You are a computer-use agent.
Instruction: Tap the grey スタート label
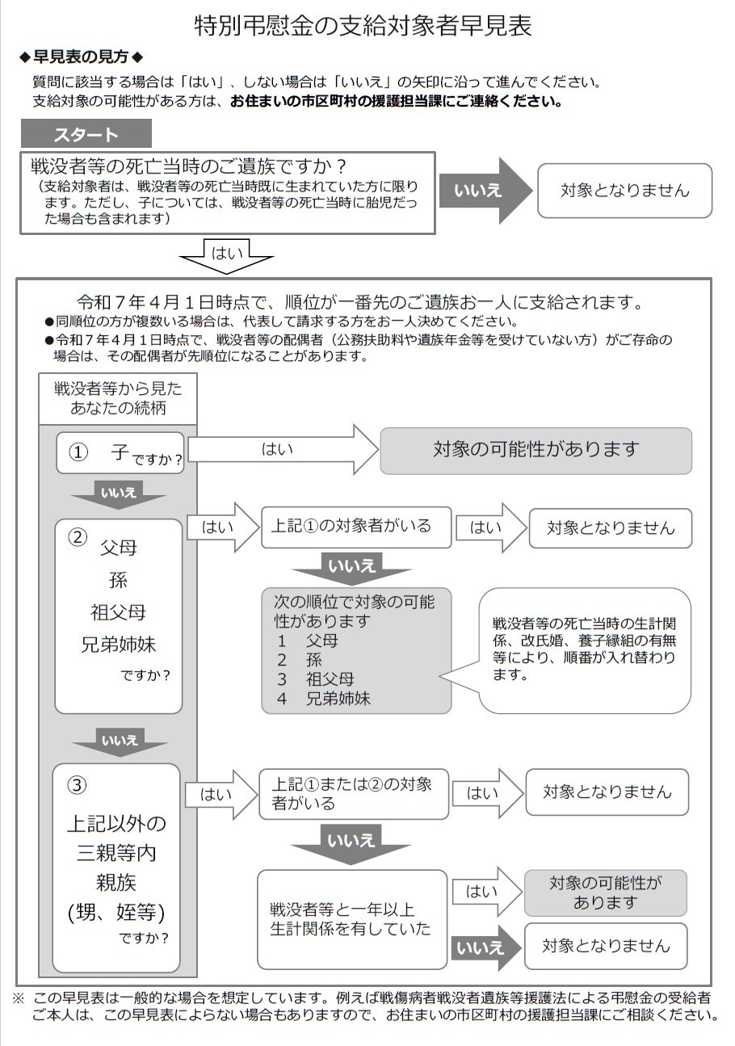point(86,134)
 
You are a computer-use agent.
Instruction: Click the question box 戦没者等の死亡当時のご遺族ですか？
point(227,192)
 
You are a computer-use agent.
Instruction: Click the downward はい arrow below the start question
point(226,255)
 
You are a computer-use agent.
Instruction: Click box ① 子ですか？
point(119,452)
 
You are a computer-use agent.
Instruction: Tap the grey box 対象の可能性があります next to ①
point(535,450)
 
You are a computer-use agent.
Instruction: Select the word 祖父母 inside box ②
point(118,612)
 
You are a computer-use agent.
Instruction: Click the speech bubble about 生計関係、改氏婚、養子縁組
point(585,649)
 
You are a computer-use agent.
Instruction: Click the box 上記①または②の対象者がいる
point(353,793)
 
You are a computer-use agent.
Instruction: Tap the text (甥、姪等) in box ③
point(116,912)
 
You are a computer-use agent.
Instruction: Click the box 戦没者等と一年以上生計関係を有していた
point(351,918)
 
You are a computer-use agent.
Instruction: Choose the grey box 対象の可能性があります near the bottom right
point(605,893)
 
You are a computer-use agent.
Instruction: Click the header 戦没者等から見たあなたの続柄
point(118,398)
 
